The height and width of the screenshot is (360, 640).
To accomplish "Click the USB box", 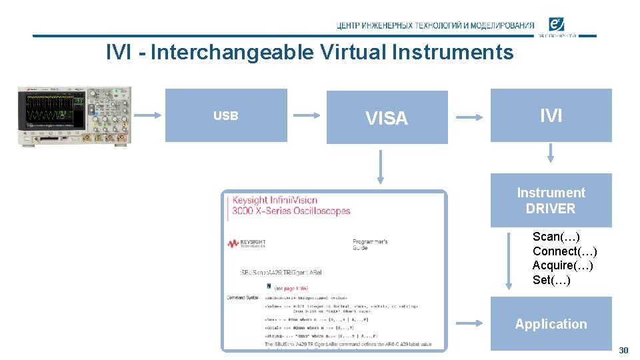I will pyautogui.click(x=226, y=115).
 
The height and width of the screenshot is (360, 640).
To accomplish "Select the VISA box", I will pyautogui.click(x=387, y=117).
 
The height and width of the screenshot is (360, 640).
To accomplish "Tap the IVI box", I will pyautogui.click(x=551, y=115).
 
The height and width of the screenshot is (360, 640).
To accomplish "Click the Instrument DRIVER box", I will pyautogui.click(x=551, y=201).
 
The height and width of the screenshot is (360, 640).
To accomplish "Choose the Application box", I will pyautogui.click(x=551, y=324).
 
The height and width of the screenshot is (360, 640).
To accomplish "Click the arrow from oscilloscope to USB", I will pyautogui.click(x=147, y=115).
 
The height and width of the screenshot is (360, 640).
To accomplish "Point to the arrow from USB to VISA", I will pyautogui.click(x=307, y=115).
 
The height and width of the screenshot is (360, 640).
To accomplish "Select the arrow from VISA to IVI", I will pyautogui.click(x=469, y=117).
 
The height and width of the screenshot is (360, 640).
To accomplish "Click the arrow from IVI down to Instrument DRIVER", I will pyautogui.click(x=551, y=155).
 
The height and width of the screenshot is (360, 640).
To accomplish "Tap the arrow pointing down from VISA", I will pyautogui.click(x=381, y=167).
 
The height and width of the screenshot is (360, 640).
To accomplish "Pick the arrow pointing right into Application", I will pyautogui.click(x=469, y=323).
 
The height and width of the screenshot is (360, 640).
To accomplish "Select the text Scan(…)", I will pyautogui.click(x=556, y=237).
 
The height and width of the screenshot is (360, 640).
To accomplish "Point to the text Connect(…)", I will pyautogui.click(x=565, y=251).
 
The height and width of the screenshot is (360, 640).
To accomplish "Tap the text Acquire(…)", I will pyautogui.click(x=563, y=265).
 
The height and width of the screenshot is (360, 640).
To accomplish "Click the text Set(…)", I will pyautogui.click(x=551, y=280).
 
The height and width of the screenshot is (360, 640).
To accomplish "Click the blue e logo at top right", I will pyautogui.click(x=557, y=25).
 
